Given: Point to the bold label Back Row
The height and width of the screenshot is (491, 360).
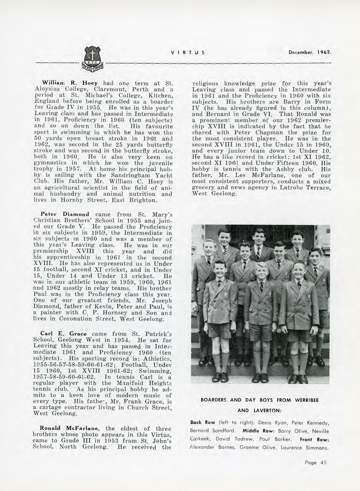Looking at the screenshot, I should (201, 423).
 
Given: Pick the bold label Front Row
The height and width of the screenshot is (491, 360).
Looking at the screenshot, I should (314, 439).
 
